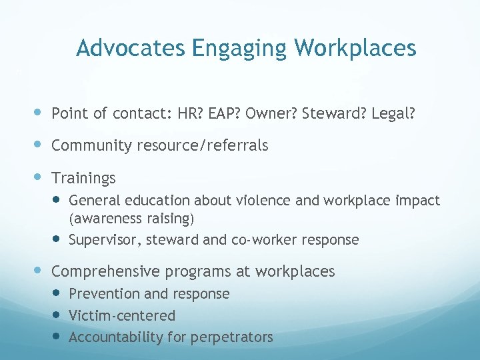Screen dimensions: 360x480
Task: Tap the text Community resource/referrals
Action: tap(159, 145)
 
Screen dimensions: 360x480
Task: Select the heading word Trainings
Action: tap(83, 178)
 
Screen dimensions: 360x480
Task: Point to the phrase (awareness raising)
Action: tap(131, 218)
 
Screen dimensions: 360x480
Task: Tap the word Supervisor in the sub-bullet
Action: tap(102, 240)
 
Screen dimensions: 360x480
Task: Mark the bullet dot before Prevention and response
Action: tap(57, 293)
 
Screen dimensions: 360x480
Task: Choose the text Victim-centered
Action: tap(122, 315)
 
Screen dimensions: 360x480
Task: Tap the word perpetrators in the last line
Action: tap(231, 337)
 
